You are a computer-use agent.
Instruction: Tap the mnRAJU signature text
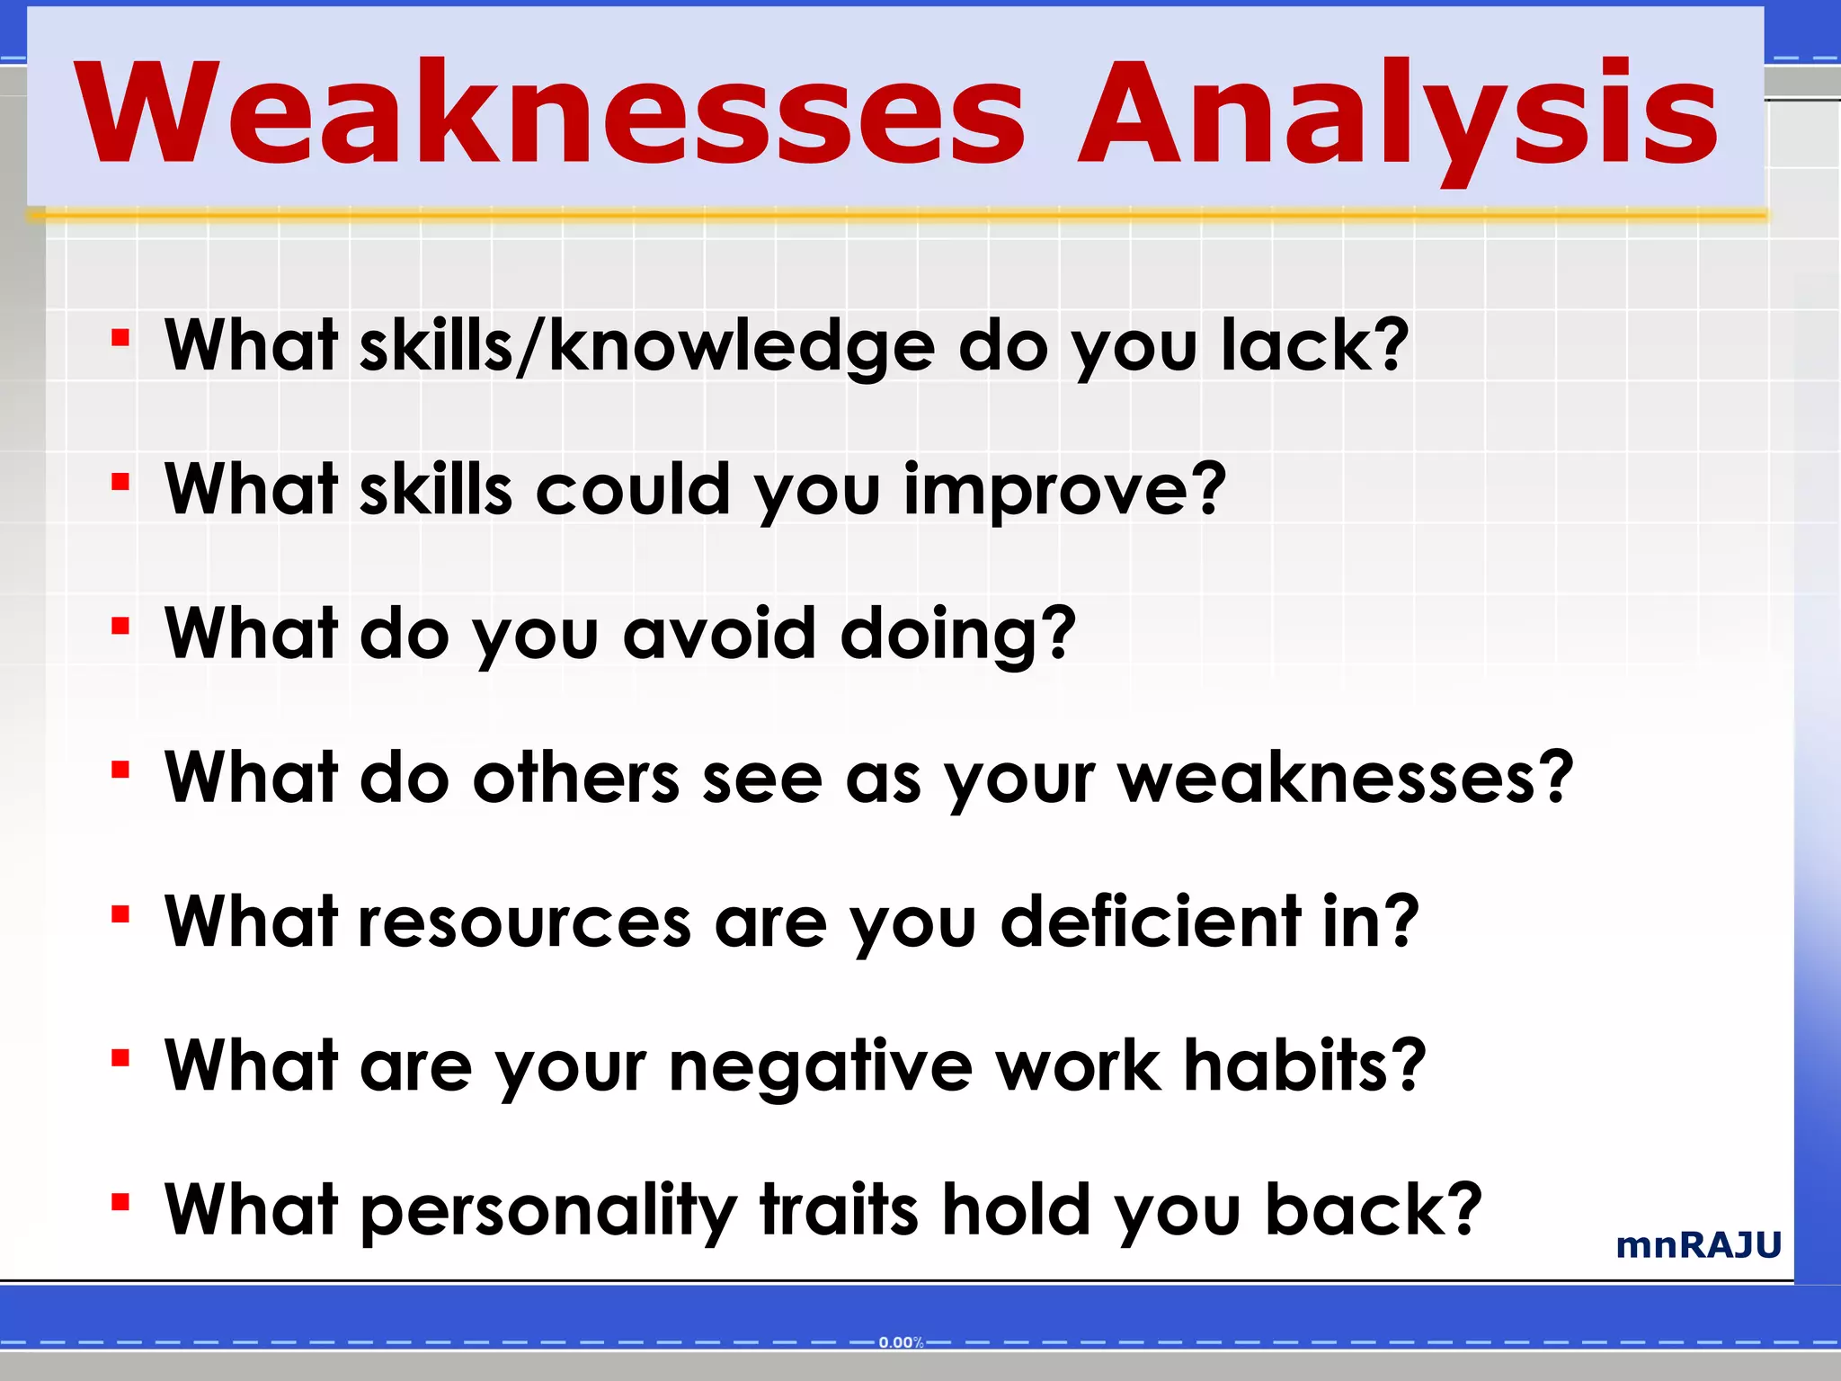point(1698,1245)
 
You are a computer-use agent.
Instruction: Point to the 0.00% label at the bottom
point(901,1342)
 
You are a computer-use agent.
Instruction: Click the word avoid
point(718,633)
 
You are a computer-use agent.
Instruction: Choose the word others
point(576,778)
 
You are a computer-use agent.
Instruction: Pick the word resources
point(525,922)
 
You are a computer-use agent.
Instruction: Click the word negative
point(821,1065)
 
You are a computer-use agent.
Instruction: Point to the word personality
point(548,1210)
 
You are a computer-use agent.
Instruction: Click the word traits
point(840,1210)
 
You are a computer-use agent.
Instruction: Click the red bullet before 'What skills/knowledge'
point(120,339)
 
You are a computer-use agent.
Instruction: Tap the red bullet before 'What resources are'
point(120,915)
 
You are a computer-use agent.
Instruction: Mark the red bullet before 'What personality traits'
point(120,1203)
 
